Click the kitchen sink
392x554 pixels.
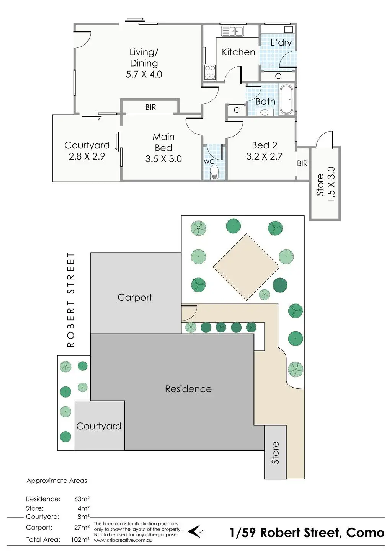[x=232, y=31]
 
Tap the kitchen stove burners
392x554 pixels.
[x=210, y=72]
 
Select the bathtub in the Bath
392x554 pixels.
[x=286, y=99]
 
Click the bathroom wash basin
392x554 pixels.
[x=265, y=112]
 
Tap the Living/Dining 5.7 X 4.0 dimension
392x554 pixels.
[x=144, y=74]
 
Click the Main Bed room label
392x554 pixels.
[x=163, y=142]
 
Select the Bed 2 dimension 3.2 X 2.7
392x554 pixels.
[x=264, y=156]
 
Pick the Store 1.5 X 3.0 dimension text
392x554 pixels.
[x=332, y=184]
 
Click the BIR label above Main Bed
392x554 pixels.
[x=150, y=108]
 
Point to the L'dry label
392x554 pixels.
[x=281, y=42]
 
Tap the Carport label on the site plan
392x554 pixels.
[x=135, y=297]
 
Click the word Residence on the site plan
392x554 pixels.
[x=188, y=389]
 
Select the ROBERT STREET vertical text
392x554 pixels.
[x=71, y=300]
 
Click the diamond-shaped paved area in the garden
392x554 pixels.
[x=246, y=267]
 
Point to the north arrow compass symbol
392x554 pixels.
[x=196, y=531]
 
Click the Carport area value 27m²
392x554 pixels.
[x=82, y=527]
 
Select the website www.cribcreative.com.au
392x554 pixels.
[x=123, y=540]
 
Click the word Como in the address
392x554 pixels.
[x=365, y=532]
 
